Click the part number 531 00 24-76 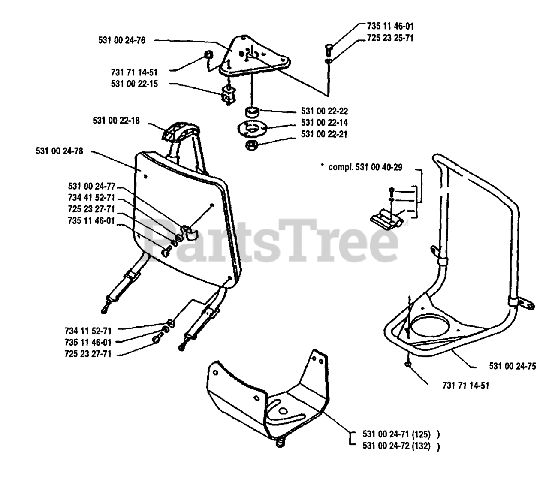click(x=122, y=41)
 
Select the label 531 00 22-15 click(x=134, y=84)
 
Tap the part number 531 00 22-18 click(x=116, y=121)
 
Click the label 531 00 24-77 click(x=91, y=187)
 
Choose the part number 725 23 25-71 click(x=390, y=38)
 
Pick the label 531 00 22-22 click(x=324, y=111)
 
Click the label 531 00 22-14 click(x=324, y=123)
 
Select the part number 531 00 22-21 click(x=324, y=134)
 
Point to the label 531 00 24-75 click(x=512, y=366)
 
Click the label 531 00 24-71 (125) click(x=396, y=434)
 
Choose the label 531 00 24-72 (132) click(x=396, y=446)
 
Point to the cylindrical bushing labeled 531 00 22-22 click(x=251, y=113)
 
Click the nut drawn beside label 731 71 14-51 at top click(x=208, y=56)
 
